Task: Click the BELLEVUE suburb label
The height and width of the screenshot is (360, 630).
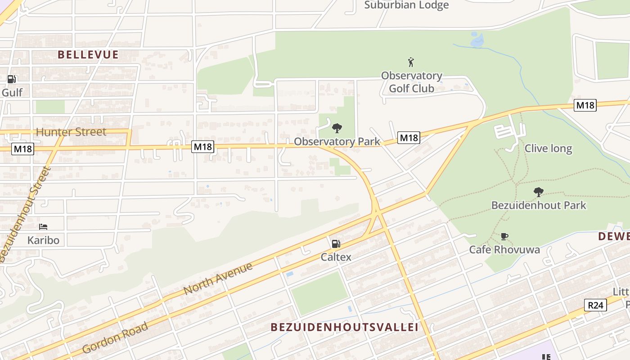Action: pos(88,55)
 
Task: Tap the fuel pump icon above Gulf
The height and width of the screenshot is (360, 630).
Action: pos(11,79)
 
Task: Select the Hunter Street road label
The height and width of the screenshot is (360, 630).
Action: pos(71,132)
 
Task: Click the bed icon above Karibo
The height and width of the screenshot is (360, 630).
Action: pos(43,226)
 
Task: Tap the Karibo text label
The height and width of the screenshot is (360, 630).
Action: pos(43,240)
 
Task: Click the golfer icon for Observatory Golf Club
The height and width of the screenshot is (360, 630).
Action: pos(410,62)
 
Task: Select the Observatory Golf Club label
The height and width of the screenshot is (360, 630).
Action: pos(411,82)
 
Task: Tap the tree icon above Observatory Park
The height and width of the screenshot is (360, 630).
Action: pos(337,129)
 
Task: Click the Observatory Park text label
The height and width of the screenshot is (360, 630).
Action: pos(337,141)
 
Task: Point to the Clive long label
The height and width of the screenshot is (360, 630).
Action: pos(548,148)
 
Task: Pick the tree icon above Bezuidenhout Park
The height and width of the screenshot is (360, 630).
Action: pos(538,192)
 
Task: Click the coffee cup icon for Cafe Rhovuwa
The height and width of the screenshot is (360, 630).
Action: pos(504,236)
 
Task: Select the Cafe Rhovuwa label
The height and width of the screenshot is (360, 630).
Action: pos(504,249)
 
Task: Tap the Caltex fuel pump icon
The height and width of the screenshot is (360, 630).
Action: pos(336,244)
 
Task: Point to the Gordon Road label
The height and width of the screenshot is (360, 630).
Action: pos(115,337)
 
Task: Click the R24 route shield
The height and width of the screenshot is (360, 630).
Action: pos(595,305)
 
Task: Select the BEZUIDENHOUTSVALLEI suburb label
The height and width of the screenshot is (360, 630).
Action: pos(344,327)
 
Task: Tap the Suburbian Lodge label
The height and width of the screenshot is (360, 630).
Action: pos(406,5)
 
